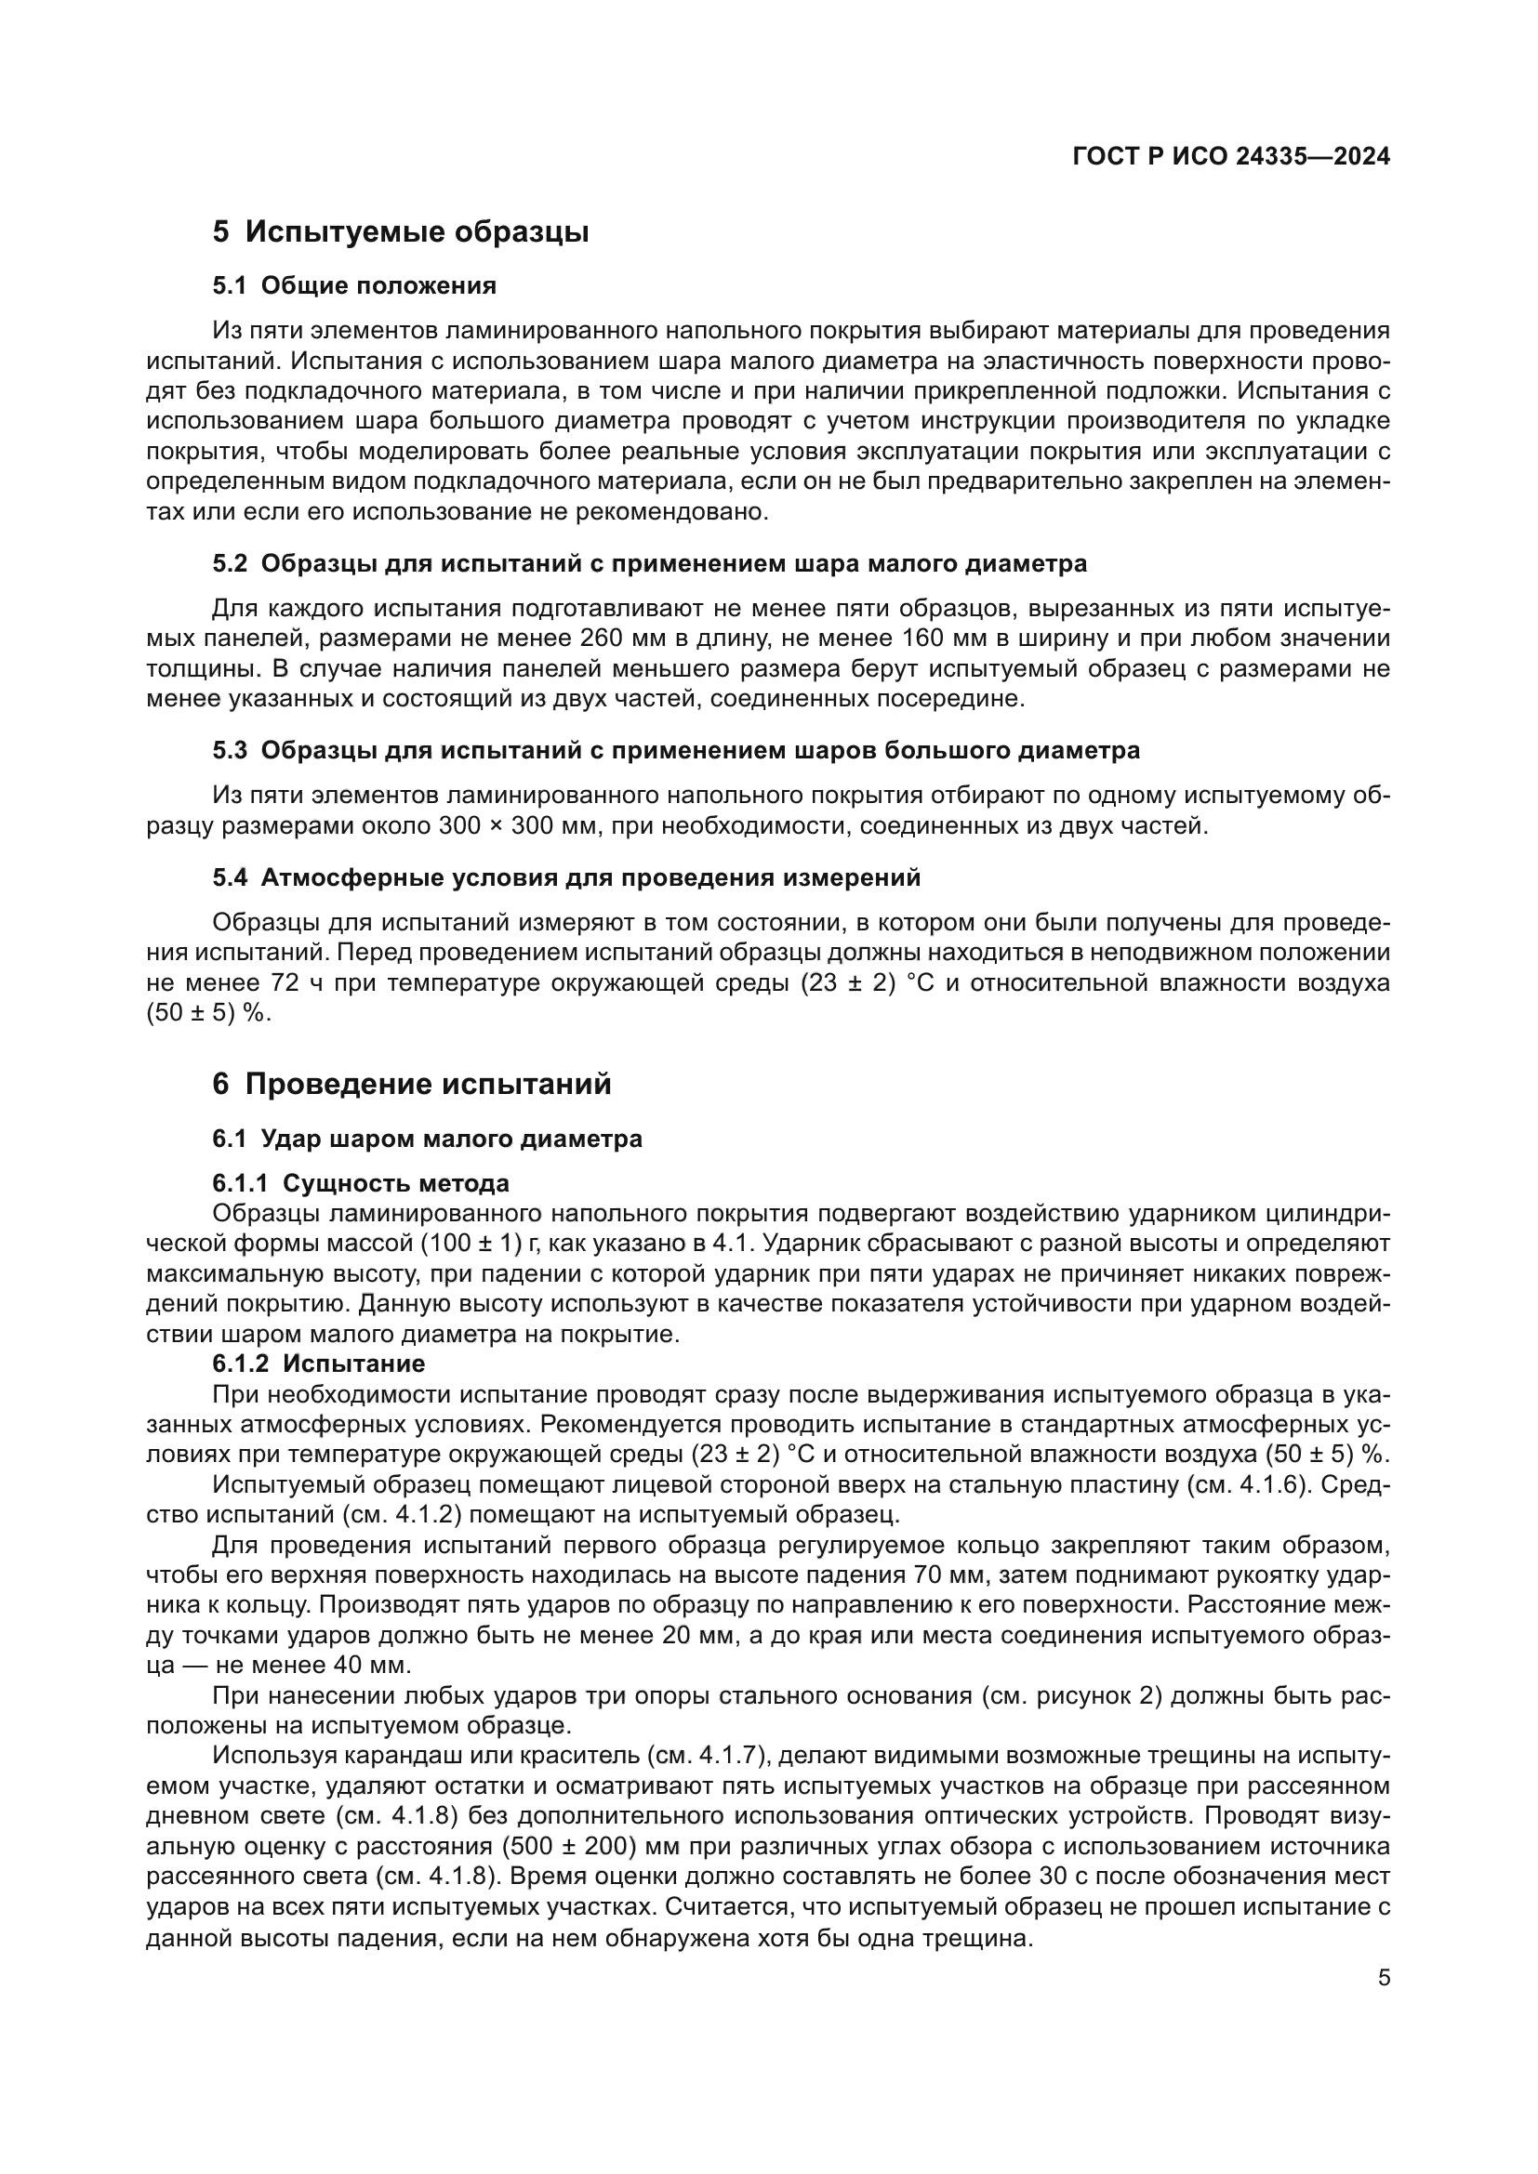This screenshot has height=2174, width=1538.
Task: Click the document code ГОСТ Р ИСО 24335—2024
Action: click(1231, 157)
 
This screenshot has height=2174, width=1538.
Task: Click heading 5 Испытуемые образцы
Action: click(401, 232)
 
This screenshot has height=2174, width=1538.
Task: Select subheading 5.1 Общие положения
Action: click(354, 285)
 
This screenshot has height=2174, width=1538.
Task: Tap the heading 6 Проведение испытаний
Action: click(412, 1084)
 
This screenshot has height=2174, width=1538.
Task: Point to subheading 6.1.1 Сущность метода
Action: click(361, 1182)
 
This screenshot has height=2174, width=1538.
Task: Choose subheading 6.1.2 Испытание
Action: click(319, 1364)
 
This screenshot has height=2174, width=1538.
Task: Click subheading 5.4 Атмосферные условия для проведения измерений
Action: click(566, 877)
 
